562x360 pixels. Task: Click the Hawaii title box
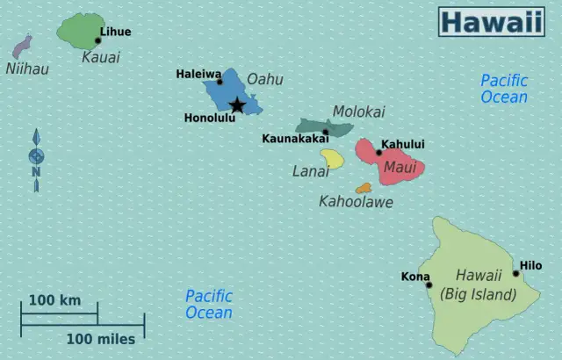(x=491, y=22)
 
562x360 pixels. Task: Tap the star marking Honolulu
(x=237, y=106)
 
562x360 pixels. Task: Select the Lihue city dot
(x=97, y=40)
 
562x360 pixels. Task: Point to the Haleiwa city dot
(x=220, y=83)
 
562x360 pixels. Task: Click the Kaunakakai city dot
(x=325, y=133)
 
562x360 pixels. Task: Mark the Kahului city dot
(x=379, y=153)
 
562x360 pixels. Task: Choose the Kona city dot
(x=429, y=284)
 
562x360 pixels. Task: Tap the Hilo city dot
(x=516, y=273)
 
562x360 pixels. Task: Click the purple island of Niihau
(x=22, y=47)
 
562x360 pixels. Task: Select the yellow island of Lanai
(x=332, y=158)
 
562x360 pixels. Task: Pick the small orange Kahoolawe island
(x=364, y=188)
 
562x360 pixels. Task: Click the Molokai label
(x=358, y=112)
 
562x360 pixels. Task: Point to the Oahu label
(x=264, y=79)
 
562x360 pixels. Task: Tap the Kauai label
(x=100, y=58)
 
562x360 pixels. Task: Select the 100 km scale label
(x=54, y=300)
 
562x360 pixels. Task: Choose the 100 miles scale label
(x=100, y=339)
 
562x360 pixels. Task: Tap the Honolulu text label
(x=209, y=118)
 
